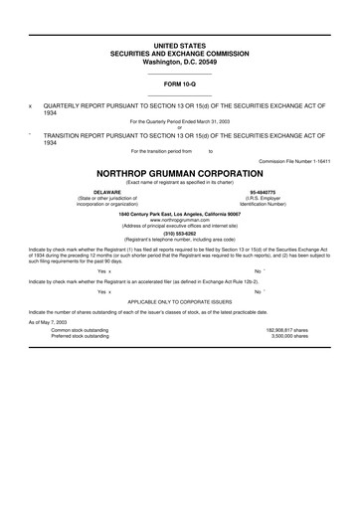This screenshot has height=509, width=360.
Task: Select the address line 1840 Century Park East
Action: coord(180,212)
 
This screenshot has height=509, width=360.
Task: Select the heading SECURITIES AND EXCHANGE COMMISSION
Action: coord(180,54)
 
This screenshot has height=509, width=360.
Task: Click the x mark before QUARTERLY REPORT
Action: coord(31,105)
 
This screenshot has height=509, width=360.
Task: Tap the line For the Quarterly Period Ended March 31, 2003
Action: coord(180,121)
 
